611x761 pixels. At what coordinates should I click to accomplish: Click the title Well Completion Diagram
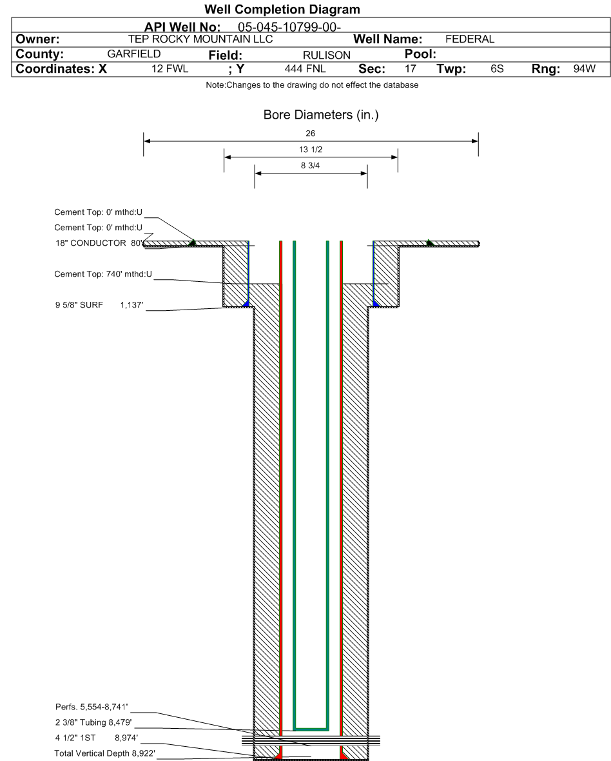[282, 10]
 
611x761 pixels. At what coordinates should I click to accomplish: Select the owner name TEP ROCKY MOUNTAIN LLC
[200, 39]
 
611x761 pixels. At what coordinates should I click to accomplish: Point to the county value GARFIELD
[134, 54]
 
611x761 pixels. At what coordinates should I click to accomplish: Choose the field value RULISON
[326, 55]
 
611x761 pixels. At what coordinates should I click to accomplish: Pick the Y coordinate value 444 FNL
[308, 69]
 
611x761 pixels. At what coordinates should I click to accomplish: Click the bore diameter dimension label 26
[311, 134]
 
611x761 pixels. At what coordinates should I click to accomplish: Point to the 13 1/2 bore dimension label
[311, 150]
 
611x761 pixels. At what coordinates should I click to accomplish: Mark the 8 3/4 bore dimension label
[311, 166]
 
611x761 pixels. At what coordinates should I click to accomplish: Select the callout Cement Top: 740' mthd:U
[103, 275]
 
